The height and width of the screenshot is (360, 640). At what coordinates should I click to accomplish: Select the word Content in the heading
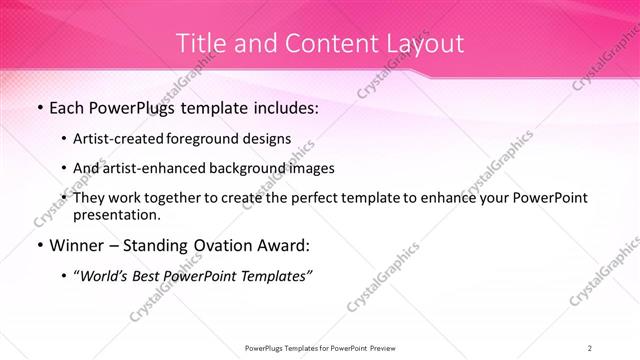pos(321,44)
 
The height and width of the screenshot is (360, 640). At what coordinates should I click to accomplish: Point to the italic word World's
pos(110,277)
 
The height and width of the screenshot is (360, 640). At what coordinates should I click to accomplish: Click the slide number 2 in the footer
pos(590,347)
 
